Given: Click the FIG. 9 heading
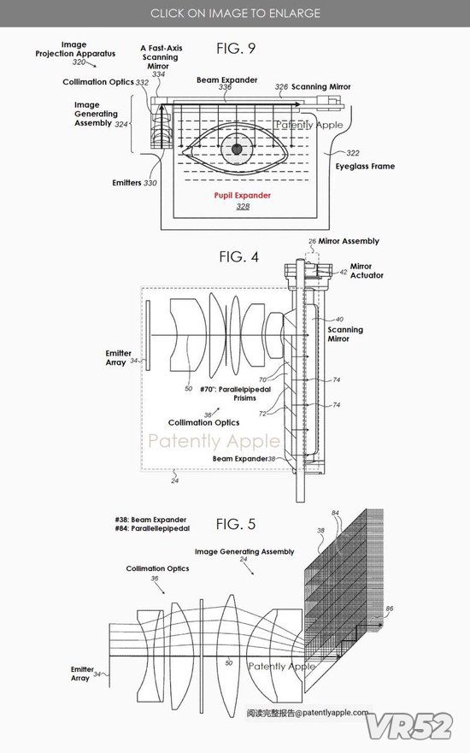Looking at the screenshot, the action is click(236, 48).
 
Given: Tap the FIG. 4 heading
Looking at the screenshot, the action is click(238, 257).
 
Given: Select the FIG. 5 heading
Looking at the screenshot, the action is click(236, 524).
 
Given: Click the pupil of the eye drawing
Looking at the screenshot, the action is click(237, 149).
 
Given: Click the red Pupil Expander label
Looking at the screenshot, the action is click(243, 196).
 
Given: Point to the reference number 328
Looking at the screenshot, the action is click(243, 207).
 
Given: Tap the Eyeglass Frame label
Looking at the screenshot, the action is click(365, 166).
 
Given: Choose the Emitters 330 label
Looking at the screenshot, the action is click(134, 183).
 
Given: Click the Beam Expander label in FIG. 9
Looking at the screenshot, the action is click(227, 79).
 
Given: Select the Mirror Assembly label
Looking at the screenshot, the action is click(349, 241).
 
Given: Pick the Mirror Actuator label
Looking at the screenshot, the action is click(367, 270).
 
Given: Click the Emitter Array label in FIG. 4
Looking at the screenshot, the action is click(118, 357).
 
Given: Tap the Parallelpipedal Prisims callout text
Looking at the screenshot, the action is click(235, 393).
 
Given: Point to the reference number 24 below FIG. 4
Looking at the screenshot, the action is click(174, 480).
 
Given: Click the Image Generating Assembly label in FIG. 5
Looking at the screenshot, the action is click(244, 552).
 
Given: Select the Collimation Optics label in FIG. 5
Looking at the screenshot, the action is click(157, 568).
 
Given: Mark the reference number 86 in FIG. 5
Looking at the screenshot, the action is click(390, 609).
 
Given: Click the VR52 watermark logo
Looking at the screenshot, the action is click(409, 726).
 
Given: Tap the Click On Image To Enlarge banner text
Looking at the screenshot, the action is click(235, 13).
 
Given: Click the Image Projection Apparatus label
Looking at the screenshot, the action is click(75, 49).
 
